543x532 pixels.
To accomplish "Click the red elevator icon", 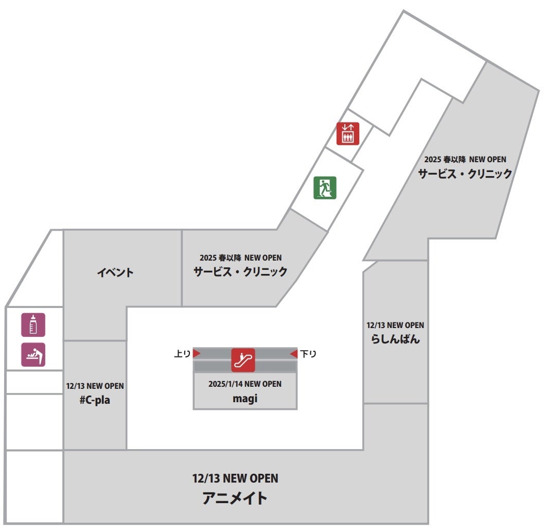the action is (x=347, y=133).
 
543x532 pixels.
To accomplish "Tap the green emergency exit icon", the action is (x=325, y=187).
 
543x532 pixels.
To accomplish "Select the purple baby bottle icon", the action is (x=33, y=324).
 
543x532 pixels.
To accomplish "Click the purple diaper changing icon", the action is (x=33, y=354).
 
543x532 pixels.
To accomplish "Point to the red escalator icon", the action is (x=243, y=360).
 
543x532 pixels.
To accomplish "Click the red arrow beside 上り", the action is (x=196, y=353).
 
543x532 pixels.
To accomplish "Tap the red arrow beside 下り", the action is (x=293, y=353).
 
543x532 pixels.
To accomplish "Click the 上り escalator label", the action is (x=182, y=354).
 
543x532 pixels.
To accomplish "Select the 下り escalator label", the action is (x=308, y=354).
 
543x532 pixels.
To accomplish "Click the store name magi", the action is (x=244, y=398).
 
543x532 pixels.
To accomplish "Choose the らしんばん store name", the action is (x=395, y=339).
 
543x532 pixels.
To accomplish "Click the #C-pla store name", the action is (x=95, y=400).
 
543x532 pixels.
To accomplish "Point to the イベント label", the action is (x=115, y=272).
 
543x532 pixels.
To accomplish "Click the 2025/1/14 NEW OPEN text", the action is (x=244, y=384).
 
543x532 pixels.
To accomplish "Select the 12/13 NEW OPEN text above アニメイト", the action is (x=235, y=478).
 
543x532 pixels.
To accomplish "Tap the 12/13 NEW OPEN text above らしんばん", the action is (x=395, y=325).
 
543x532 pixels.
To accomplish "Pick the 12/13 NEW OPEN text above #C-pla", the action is (x=95, y=386).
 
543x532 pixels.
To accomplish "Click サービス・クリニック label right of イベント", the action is (x=240, y=271).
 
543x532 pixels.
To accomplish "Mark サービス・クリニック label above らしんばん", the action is (x=465, y=174).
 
